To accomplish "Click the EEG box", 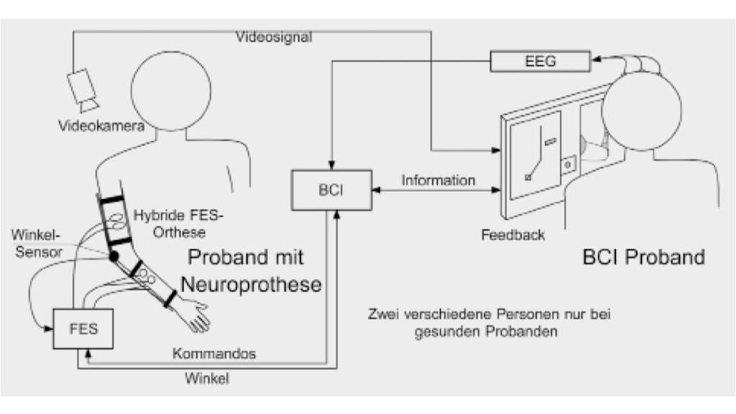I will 541,62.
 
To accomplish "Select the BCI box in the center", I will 331,190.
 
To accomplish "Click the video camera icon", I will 83,88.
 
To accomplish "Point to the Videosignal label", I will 274,37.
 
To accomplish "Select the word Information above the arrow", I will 438,180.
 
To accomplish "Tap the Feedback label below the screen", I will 513,235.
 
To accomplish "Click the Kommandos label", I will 214,354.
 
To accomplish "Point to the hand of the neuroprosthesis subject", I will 197,317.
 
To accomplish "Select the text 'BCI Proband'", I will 643,257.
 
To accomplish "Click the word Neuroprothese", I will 251,284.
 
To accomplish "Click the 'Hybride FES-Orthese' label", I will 168,223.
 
